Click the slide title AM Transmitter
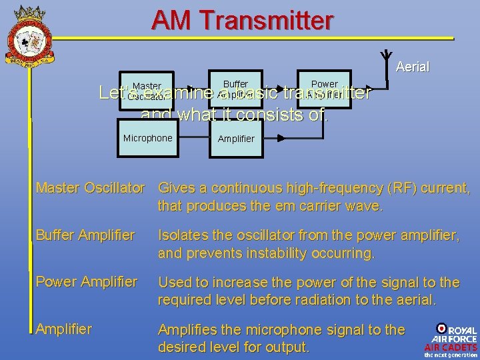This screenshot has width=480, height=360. coord(242,20)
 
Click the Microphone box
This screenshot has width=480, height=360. coord(147,138)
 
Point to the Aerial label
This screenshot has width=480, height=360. coord(412,67)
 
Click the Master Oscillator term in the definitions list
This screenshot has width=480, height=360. coord(90,189)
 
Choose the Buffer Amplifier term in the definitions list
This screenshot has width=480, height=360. coord(85,235)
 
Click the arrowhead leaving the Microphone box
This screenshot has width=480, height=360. coord(204,139)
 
